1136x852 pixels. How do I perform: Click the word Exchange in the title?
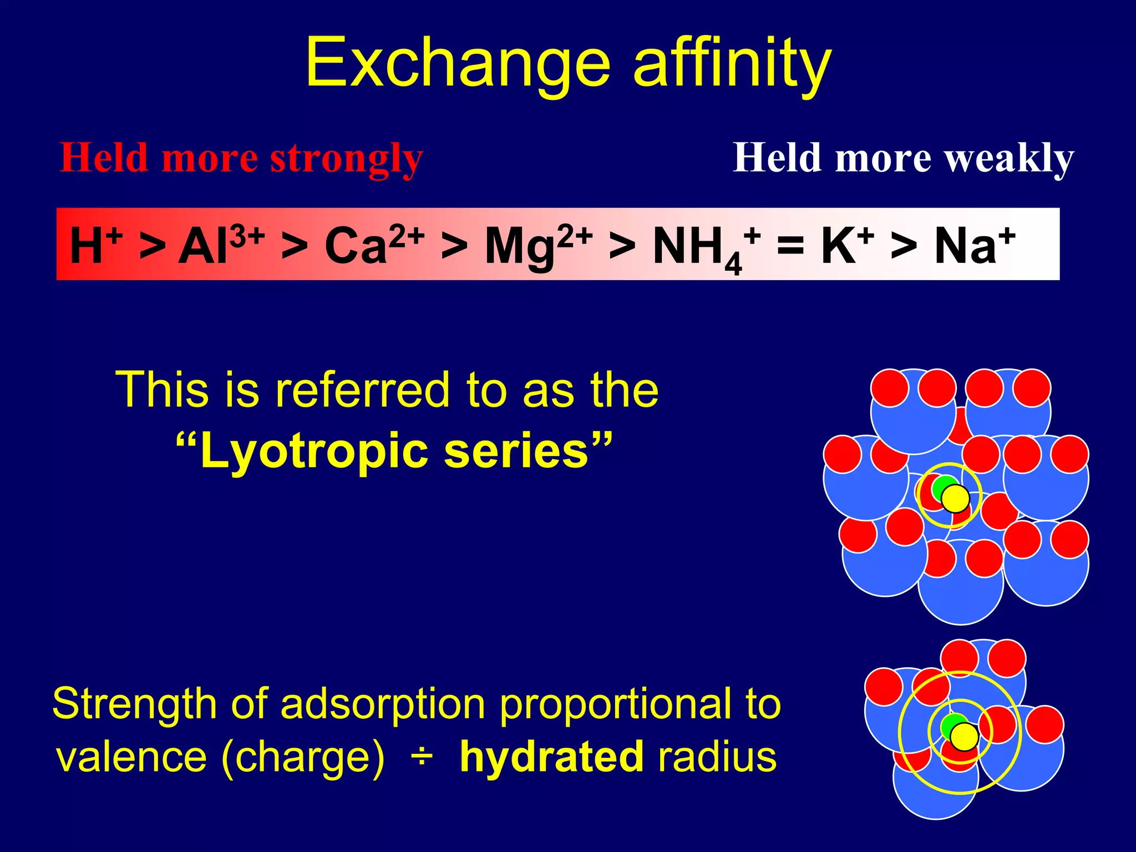(x=458, y=62)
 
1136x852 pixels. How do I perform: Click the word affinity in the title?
(x=732, y=62)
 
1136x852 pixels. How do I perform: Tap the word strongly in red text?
(x=347, y=159)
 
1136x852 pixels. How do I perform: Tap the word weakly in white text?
(x=1010, y=159)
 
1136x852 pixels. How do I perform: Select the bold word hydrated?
(x=552, y=757)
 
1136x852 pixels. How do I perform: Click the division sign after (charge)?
(x=422, y=757)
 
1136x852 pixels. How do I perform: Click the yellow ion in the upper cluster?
(x=955, y=498)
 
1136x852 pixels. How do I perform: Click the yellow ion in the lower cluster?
(x=964, y=737)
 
